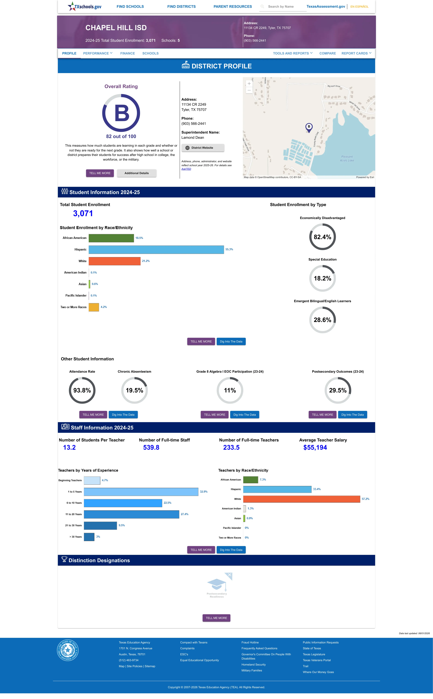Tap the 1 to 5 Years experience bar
coord(141,492)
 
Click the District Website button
coord(203,148)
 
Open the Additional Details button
coord(137,173)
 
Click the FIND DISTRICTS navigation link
coord(182,7)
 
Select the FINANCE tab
coord(127,53)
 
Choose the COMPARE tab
coord(328,53)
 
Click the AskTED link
coord(186,169)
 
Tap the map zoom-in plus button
coord(249,83)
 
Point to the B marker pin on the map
coord(309,127)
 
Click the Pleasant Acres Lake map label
coord(347,159)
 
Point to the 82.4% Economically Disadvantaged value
coord(322,237)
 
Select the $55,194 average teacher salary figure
coord(315,447)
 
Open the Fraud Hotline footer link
coord(250,642)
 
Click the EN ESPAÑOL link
coord(359,7)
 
